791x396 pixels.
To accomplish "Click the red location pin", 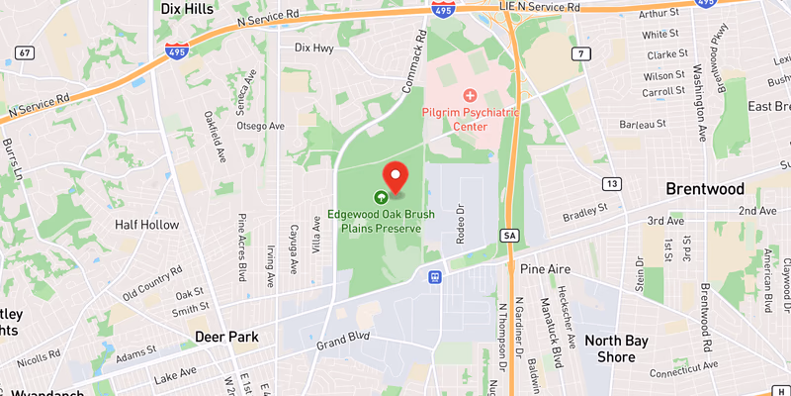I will pos(395,176).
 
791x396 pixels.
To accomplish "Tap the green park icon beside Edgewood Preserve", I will pos(382,197).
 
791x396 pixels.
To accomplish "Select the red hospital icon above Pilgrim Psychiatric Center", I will pos(471,96).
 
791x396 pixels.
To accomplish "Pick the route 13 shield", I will pos(613,185).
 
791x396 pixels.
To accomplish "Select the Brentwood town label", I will pos(704,189).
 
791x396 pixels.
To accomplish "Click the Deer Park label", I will pos(226,337).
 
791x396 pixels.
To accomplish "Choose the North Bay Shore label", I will pos(616,349).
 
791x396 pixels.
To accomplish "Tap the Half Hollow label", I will pos(145,225).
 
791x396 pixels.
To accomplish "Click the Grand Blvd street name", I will pos(342,343).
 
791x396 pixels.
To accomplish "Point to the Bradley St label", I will pos(584,213).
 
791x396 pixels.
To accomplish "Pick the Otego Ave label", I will pos(261,126).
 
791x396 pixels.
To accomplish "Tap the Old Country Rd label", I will pos(152,284).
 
